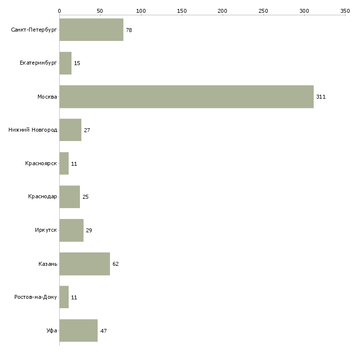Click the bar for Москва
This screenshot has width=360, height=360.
click(x=186, y=97)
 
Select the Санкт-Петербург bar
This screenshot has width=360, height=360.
click(x=91, y=30)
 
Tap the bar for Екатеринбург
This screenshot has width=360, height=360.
click(x=66, y=63)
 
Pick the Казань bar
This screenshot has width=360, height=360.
click(x=85, y=264)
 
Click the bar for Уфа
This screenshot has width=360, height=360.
click(x=78, y=330)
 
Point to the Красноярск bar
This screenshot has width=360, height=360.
click(x=64, y=163)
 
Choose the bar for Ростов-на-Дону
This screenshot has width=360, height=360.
click(x=64, y=297)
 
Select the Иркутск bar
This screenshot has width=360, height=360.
click(x=72, y=230)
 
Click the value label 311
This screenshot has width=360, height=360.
click(x=321, y=97)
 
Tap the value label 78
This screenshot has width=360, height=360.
click(x=129, y=30)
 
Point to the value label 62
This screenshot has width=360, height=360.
click(x=115, y=264)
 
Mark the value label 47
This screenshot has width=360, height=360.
click(x=104, y=331)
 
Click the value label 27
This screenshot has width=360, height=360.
click(x=87, y=130)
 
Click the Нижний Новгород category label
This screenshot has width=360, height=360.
click(x=33, y=130)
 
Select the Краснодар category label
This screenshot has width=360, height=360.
click(x=42, y=197)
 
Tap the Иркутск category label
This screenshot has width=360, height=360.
click(x=46, y=230)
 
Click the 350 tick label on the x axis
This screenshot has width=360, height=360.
click(x=345, y=11)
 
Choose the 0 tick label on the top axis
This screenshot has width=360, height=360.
click(x=60, y=11)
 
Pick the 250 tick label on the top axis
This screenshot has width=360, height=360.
click(x=263, y=11)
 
